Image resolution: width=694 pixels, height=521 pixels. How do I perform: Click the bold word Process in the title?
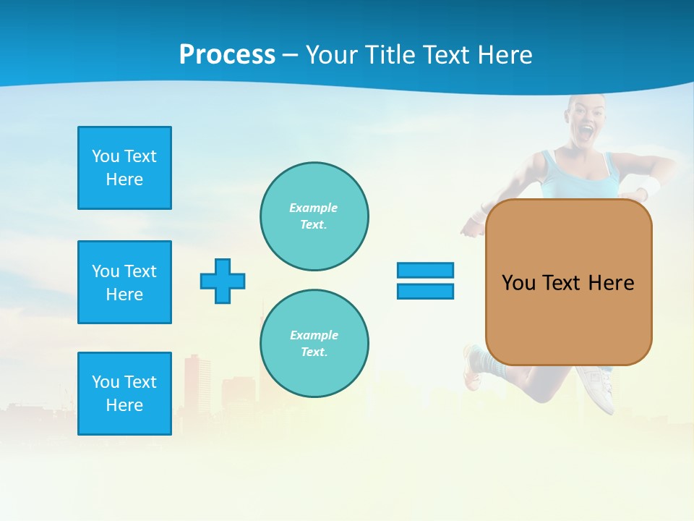227,55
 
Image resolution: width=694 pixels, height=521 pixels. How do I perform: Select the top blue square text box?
124,168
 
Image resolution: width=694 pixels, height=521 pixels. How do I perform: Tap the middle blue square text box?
124,282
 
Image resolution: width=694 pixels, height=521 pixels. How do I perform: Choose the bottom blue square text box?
124,394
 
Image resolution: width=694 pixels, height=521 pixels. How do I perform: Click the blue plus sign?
223,281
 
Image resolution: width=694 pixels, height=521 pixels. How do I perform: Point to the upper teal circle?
314,216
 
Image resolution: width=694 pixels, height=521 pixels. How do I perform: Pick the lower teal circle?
314,343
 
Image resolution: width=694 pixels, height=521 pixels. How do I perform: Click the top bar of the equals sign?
425,270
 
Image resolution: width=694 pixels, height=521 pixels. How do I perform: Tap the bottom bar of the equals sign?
425,291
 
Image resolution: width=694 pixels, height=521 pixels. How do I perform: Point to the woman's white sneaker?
596,387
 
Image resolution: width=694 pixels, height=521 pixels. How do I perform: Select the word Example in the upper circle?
314,208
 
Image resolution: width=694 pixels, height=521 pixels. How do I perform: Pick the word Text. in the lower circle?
314,352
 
